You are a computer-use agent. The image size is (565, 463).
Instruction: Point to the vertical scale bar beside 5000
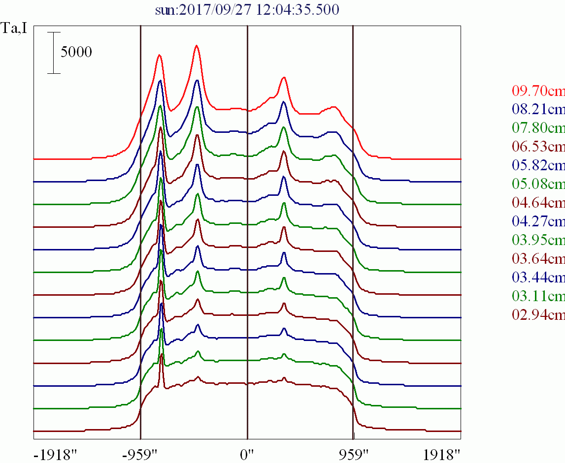(x=54, y=53)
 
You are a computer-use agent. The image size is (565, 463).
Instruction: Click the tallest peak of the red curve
(x=197, y=46)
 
